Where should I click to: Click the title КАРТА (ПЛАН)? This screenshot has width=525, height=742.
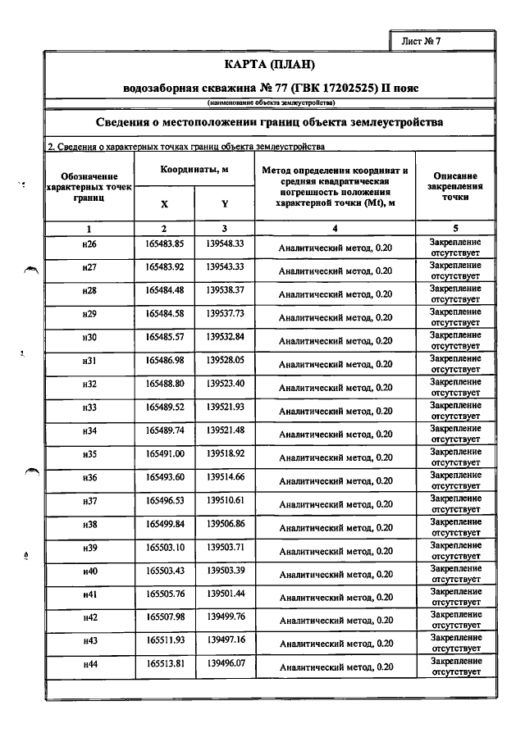click(270, 65)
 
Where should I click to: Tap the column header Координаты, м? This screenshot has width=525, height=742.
click(194, 169)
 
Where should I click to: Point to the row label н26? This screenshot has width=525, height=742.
click(89, 244)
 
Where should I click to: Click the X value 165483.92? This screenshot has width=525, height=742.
click(164, 266)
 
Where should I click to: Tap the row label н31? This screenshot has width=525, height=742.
click(89, 360)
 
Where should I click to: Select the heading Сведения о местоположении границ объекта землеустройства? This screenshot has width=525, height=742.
click(270, 122)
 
